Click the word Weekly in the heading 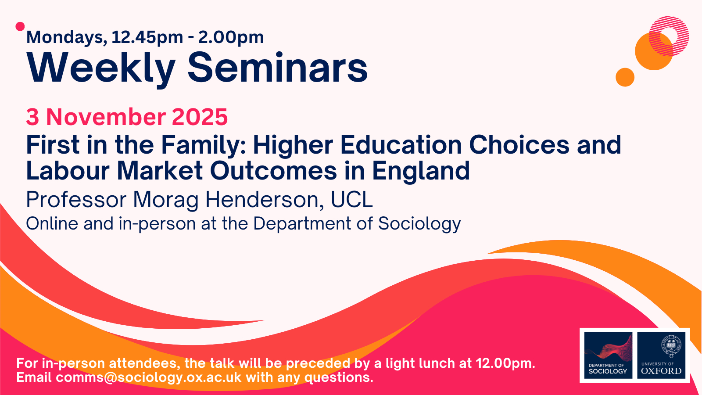[101, 69]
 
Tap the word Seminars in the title [277, 68]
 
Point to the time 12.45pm [147, 38]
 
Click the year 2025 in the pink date [200, 117]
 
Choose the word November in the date [106, 117]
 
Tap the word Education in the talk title [401, 145]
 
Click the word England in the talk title [421, 172]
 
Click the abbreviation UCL [351, 199]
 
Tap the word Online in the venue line [52, 223]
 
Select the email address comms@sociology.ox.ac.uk [149, 377]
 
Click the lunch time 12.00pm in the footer [505, 363]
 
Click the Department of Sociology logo [608, 355]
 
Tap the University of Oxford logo [661, 355]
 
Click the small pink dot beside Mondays [20, 27]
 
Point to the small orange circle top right [625, 77]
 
